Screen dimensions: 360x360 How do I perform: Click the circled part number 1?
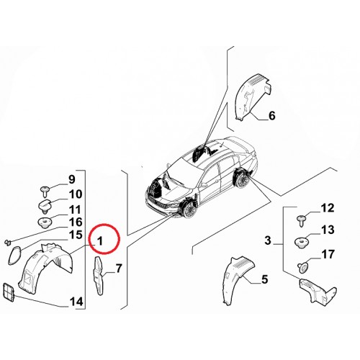(100, 240)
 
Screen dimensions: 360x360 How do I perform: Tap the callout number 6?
(271, 116)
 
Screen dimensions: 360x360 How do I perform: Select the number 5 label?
(264, 279)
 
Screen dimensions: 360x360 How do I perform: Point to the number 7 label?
(119, 269)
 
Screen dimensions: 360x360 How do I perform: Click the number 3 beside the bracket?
(268, 240)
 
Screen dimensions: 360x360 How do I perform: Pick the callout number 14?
(76, 302)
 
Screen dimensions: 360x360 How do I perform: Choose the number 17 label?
(328, 254)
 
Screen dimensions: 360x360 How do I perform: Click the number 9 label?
(71, 179)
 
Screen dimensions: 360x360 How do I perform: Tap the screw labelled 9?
(45, 191)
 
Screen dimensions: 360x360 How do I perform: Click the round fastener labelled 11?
(45, 222)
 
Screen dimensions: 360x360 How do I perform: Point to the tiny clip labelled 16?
(8, 243)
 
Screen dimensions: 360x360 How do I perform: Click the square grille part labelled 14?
(9, 292)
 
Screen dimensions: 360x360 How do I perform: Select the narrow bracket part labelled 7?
(99, 276)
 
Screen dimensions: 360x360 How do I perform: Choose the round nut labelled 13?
(301, 242)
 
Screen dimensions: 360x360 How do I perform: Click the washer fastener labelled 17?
(303, 267)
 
